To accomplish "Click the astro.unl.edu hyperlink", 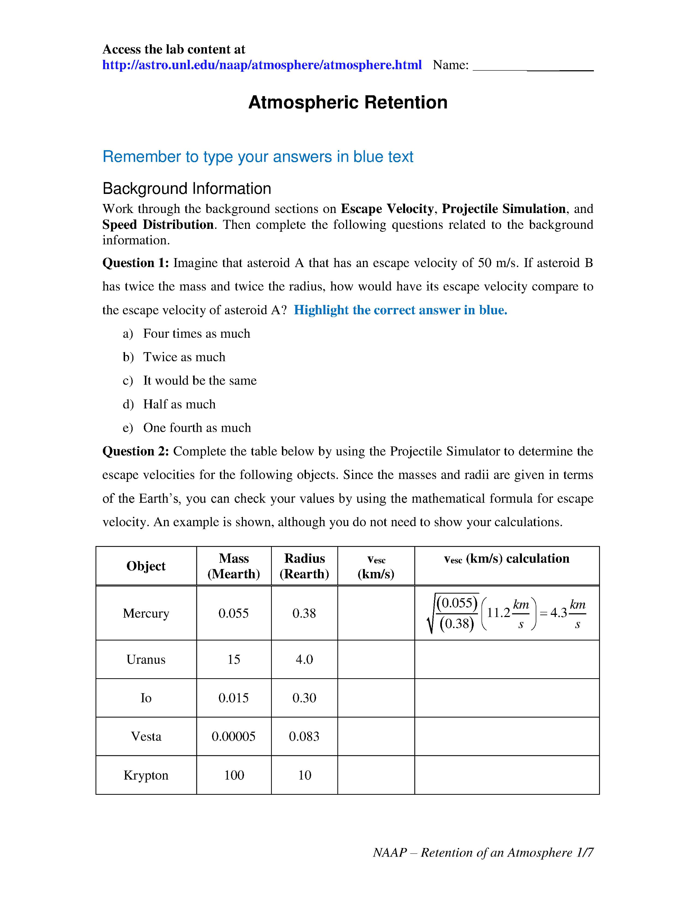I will point(262,65).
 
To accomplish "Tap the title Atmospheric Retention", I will point(348,103).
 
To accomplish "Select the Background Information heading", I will point(186,188).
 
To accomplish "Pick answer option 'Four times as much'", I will point(196,333).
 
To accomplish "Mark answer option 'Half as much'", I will point(179,404).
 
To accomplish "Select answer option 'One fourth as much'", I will point(197,428).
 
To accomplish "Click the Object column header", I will point(146,566).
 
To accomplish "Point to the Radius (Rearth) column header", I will point(305,566).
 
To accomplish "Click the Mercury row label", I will point(146,613).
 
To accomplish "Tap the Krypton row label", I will point(146,775).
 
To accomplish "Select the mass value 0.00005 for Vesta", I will point(234,736).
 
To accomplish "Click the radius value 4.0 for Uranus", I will point(305,659).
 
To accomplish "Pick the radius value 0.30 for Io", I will point(305,698).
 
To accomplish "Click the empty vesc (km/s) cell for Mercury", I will point(376,613).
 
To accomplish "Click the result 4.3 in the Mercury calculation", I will point(559,613).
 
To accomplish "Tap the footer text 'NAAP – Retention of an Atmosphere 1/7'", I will point(483,853).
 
